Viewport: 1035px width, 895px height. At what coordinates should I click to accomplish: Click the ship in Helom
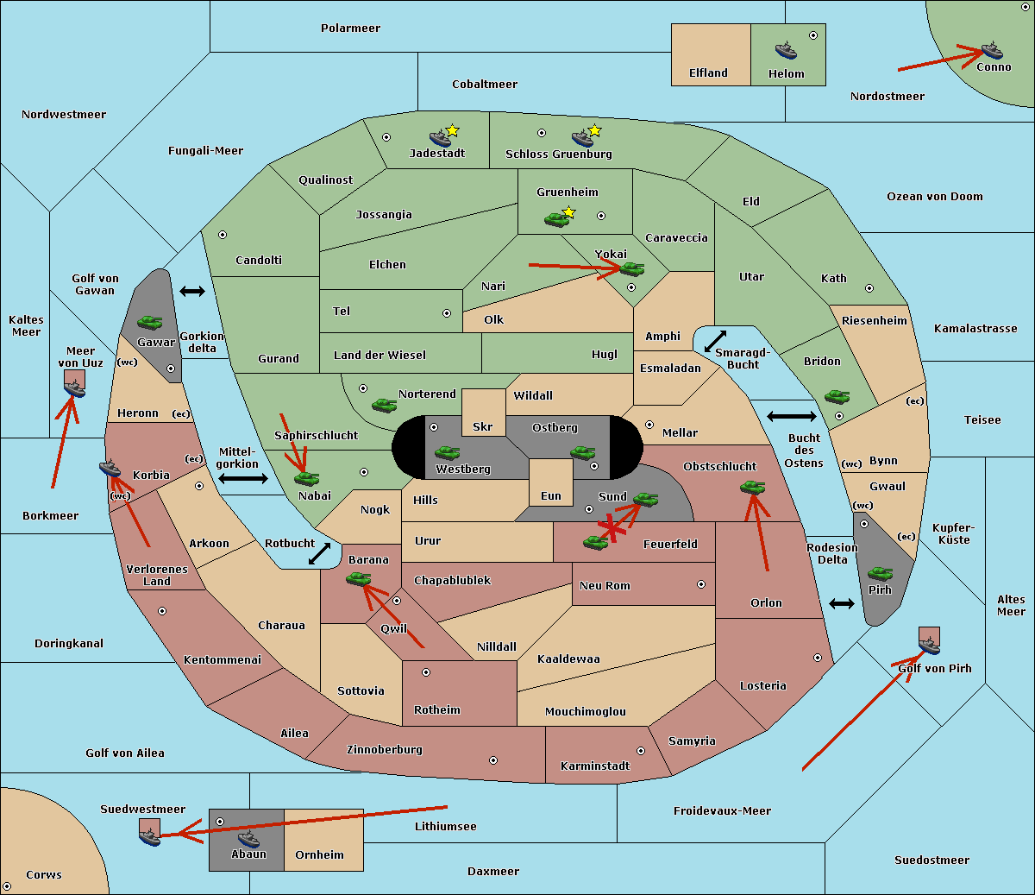tap(785, 49)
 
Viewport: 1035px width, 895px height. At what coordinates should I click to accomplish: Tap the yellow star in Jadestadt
tap(452, 130)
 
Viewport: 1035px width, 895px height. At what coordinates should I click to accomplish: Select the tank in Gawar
tap(150, 322)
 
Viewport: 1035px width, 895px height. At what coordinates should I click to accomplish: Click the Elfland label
tap(708, 73)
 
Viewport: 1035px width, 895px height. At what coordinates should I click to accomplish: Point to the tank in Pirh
tap(880, 573)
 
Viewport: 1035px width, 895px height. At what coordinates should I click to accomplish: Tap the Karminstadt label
tap(595, 766)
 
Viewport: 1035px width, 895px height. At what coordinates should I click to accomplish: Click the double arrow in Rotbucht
tap(319, 553)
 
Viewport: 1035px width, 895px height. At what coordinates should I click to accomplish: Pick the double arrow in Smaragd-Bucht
tap(715, 341)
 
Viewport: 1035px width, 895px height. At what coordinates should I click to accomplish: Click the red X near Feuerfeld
tap(611, 528)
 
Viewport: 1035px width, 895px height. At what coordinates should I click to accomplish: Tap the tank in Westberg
tap(447, 452)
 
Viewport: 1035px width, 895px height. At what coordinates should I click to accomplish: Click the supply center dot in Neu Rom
tap(701, 584)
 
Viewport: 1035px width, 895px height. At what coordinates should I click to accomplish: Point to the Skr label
tap(482, 427)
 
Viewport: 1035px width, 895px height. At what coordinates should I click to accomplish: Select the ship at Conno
tap(991, 49)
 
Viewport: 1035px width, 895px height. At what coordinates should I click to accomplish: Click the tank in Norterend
tap(384, 405)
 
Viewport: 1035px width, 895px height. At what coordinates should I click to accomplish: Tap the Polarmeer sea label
tap(350, 28)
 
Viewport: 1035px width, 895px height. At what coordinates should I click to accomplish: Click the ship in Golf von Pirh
tap(929, 643)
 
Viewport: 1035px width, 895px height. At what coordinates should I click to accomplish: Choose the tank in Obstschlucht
tap(752, 488)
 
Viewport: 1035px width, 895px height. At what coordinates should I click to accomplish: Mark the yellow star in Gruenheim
tap(568, 212)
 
